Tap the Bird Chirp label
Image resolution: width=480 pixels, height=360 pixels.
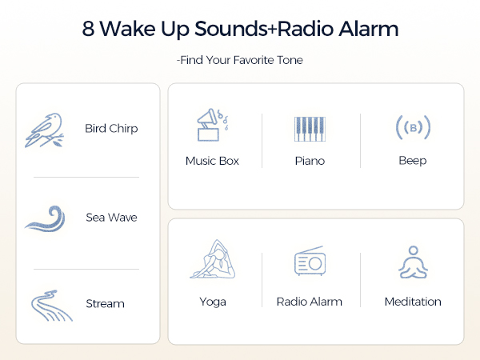click(111, 129)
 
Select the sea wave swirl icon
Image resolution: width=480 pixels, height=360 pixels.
click(50, 218)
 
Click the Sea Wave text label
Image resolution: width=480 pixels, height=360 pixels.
click(111, 218)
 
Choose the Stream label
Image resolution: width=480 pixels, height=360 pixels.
click(105, 304)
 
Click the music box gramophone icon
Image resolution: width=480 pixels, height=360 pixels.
click(212, 126)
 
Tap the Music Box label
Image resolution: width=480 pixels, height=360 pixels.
click(212, 161)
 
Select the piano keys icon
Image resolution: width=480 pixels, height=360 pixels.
click(310, 129)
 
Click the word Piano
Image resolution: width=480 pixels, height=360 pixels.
click(310, 161)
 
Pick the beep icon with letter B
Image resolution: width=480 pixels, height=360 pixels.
click(413, 127)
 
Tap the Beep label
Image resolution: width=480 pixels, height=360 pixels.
click(413, 161)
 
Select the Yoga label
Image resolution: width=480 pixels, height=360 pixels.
click(212, 302)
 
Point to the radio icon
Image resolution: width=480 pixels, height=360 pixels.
click(309, 262)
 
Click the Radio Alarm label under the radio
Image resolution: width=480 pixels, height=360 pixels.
click(309, 302)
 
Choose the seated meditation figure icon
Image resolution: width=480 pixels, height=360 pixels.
click(413, 262)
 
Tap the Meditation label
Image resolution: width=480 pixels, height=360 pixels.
click(413, 302)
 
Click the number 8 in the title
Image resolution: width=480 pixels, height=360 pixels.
click(89, 30)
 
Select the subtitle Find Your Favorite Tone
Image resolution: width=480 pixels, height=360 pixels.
click(239, 60)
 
